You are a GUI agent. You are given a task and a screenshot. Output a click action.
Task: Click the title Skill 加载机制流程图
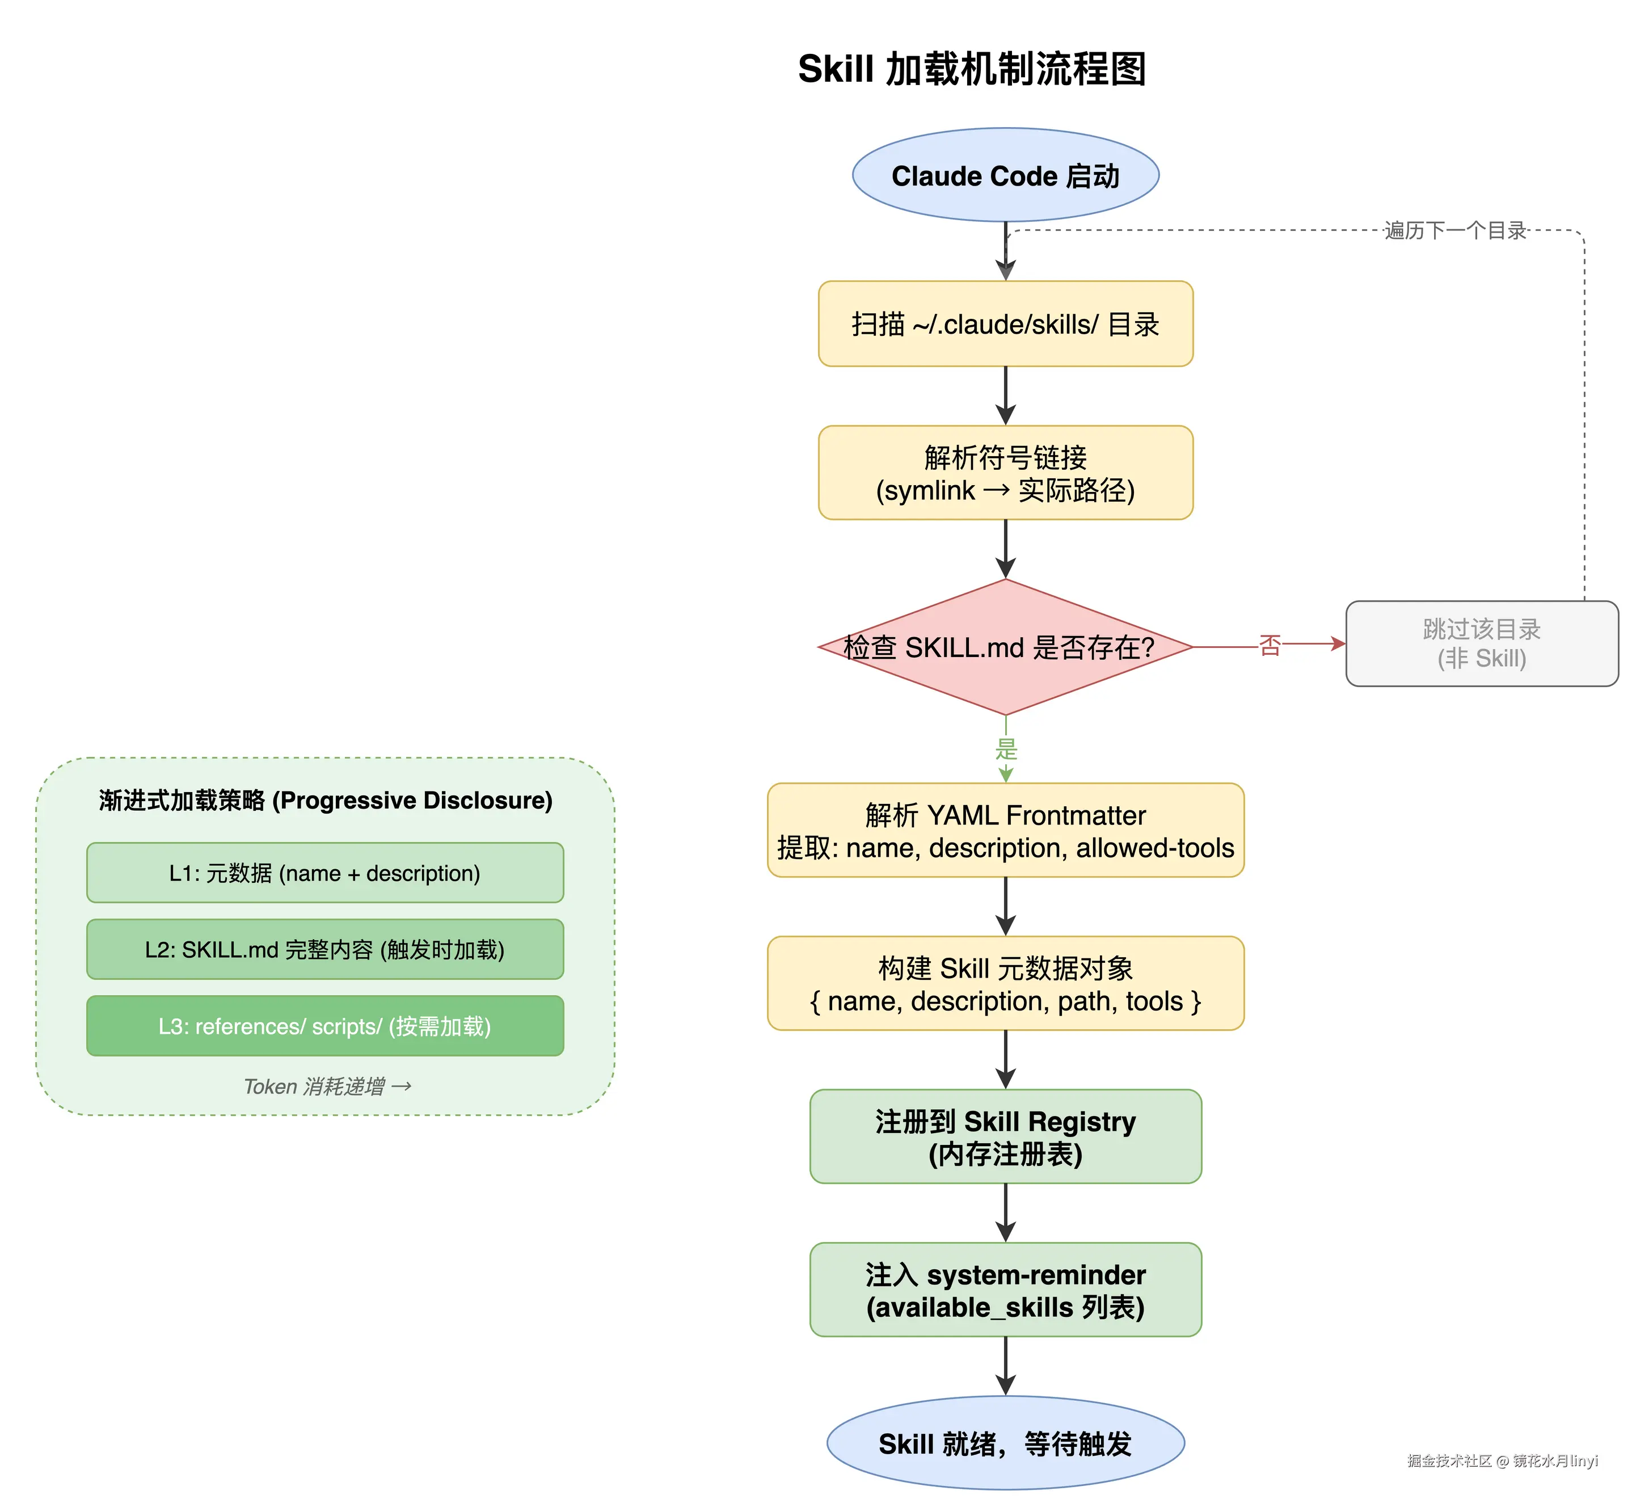tap(972, 69)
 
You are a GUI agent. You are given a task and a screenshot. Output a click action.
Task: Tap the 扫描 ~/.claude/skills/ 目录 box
tap(1005, 325)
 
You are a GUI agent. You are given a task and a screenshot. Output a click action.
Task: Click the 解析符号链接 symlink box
tap(1005, 473)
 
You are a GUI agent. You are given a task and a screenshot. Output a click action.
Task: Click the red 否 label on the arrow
tap(1270, 646)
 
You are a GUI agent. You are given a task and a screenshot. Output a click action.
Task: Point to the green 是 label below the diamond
tap(1006, 749)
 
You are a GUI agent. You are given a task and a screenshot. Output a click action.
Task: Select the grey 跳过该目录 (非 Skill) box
tap(1482, 643)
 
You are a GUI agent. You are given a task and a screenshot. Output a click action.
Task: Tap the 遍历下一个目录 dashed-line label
tap(1455, 231)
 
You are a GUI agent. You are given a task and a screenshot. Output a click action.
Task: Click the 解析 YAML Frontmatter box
tap(1005, 831)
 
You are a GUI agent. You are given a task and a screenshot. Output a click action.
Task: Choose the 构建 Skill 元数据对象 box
tap(1005, 984)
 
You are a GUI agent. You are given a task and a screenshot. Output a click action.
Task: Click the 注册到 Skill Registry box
tap(1005, 1137)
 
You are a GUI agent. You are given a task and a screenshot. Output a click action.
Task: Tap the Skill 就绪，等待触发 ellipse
tap(1005, 1443)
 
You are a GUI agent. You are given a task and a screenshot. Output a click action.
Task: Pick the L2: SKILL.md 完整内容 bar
tap(324, 950)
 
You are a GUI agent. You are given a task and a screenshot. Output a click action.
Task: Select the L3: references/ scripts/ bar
tap(324, 1026)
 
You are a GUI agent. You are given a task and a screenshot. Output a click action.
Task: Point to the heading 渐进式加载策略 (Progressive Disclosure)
tap(325, 801)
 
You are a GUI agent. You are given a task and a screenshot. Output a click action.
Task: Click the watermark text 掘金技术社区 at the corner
tap(1449, 1460)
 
